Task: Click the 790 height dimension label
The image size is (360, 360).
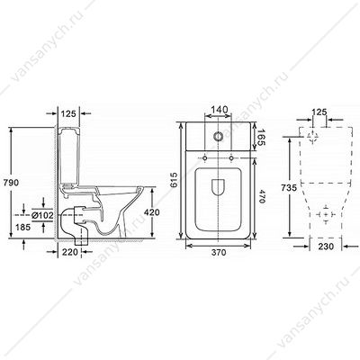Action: [10, 183]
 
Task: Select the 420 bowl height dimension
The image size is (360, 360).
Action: [152, 212]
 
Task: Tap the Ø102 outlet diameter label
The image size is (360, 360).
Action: [42, 215]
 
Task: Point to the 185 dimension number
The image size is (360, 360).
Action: [22, 228]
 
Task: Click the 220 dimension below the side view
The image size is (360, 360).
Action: [70, 252]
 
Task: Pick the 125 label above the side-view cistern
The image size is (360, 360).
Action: [69, 113]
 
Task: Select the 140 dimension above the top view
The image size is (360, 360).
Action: [218, 109]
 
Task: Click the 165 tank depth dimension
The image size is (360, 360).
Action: [261, 137]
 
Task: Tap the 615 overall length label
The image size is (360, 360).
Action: [174, 180]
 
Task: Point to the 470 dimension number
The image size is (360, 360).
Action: [261, 197]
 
